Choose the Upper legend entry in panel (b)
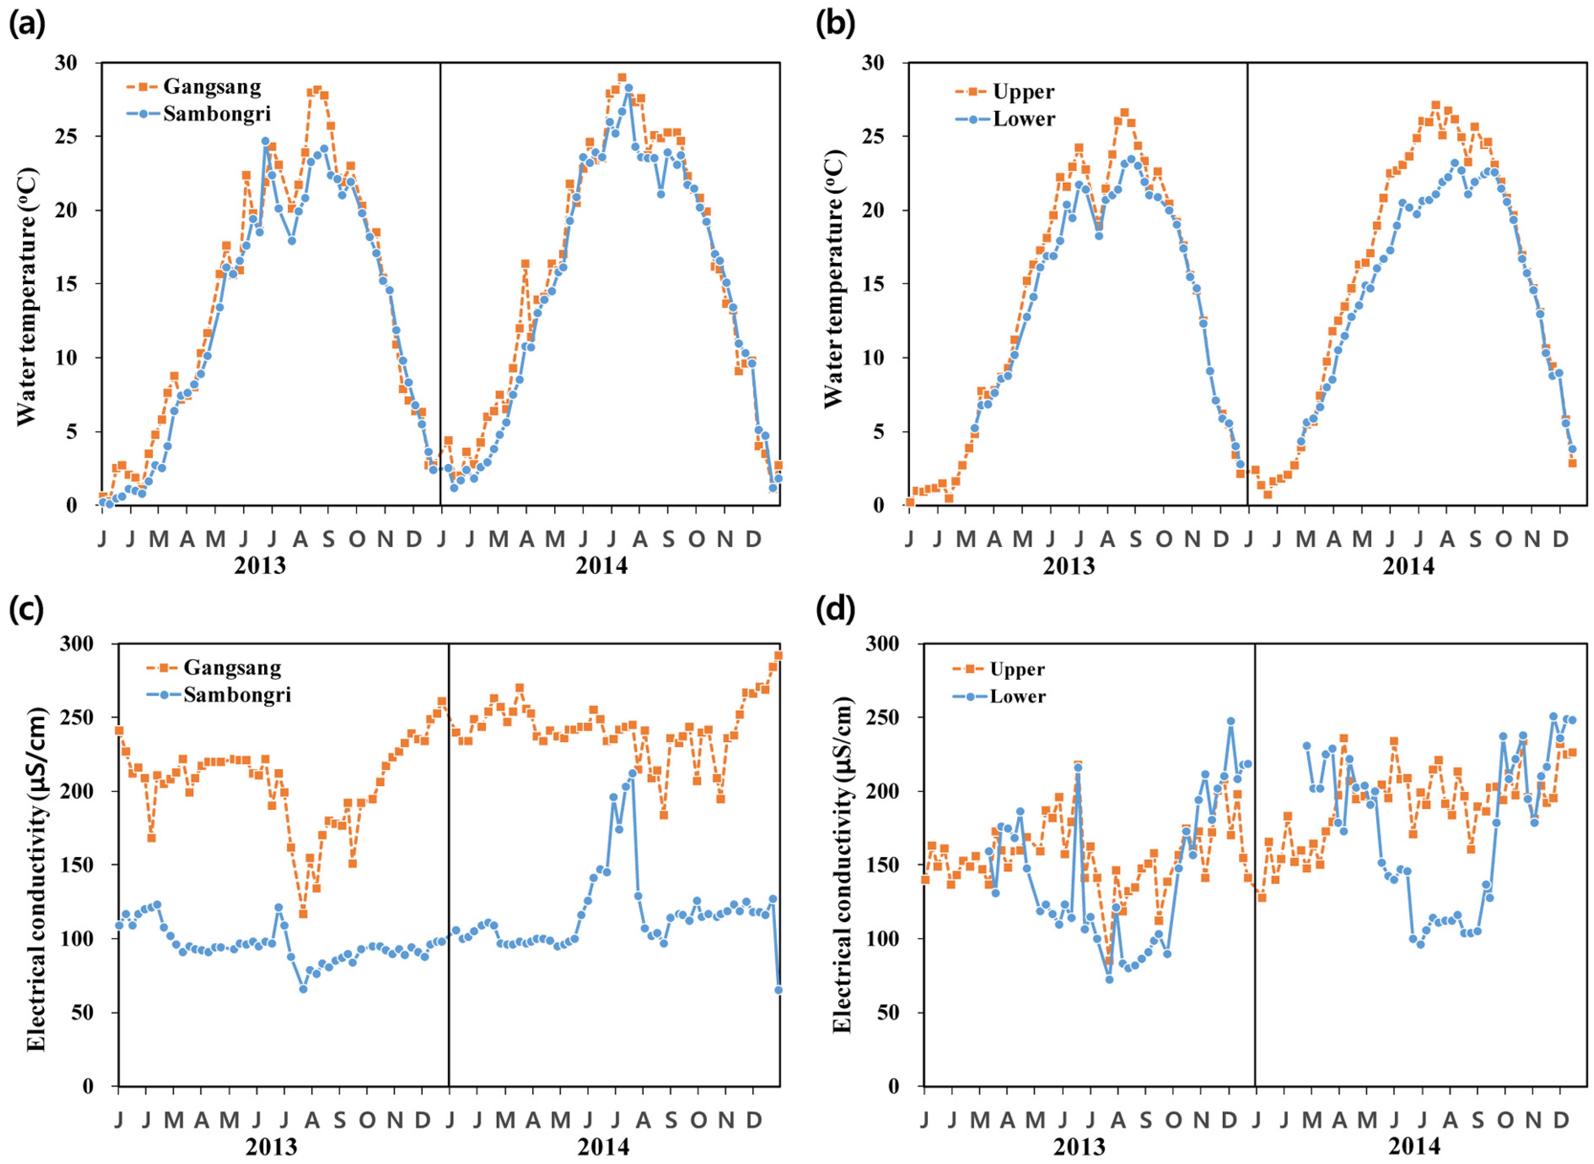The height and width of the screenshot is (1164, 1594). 1023,92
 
